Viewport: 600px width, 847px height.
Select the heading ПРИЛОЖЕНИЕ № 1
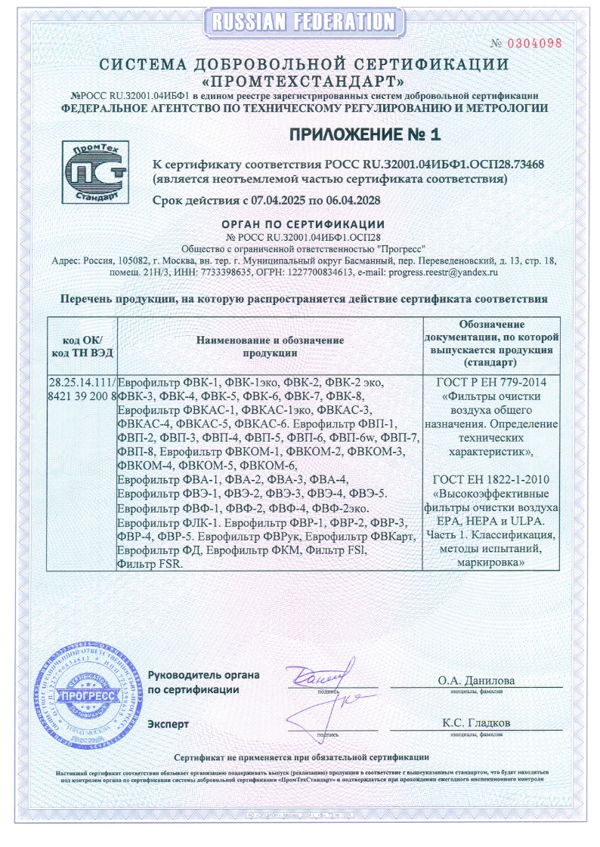point(363,134)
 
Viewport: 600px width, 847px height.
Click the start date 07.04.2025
point(279,201)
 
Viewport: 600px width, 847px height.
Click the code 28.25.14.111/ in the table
point(81,383)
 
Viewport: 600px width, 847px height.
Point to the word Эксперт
point(169,724)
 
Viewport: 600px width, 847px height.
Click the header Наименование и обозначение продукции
point(270,346)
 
